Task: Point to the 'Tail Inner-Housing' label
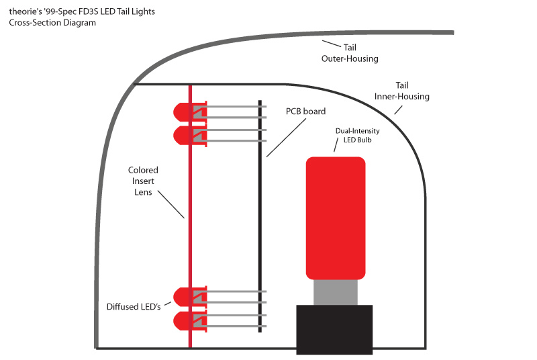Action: point(401,91)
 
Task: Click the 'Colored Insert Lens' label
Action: point(142,181)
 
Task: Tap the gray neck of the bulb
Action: point(335,291)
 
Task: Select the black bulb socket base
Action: point(334,328)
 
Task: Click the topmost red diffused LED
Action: point(183,111)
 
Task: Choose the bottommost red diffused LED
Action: point(183,320)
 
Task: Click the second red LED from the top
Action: point(183,136)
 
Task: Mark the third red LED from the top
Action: point(183,296)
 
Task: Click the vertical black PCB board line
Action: point(260,215)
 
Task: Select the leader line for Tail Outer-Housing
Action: point(332,44)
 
